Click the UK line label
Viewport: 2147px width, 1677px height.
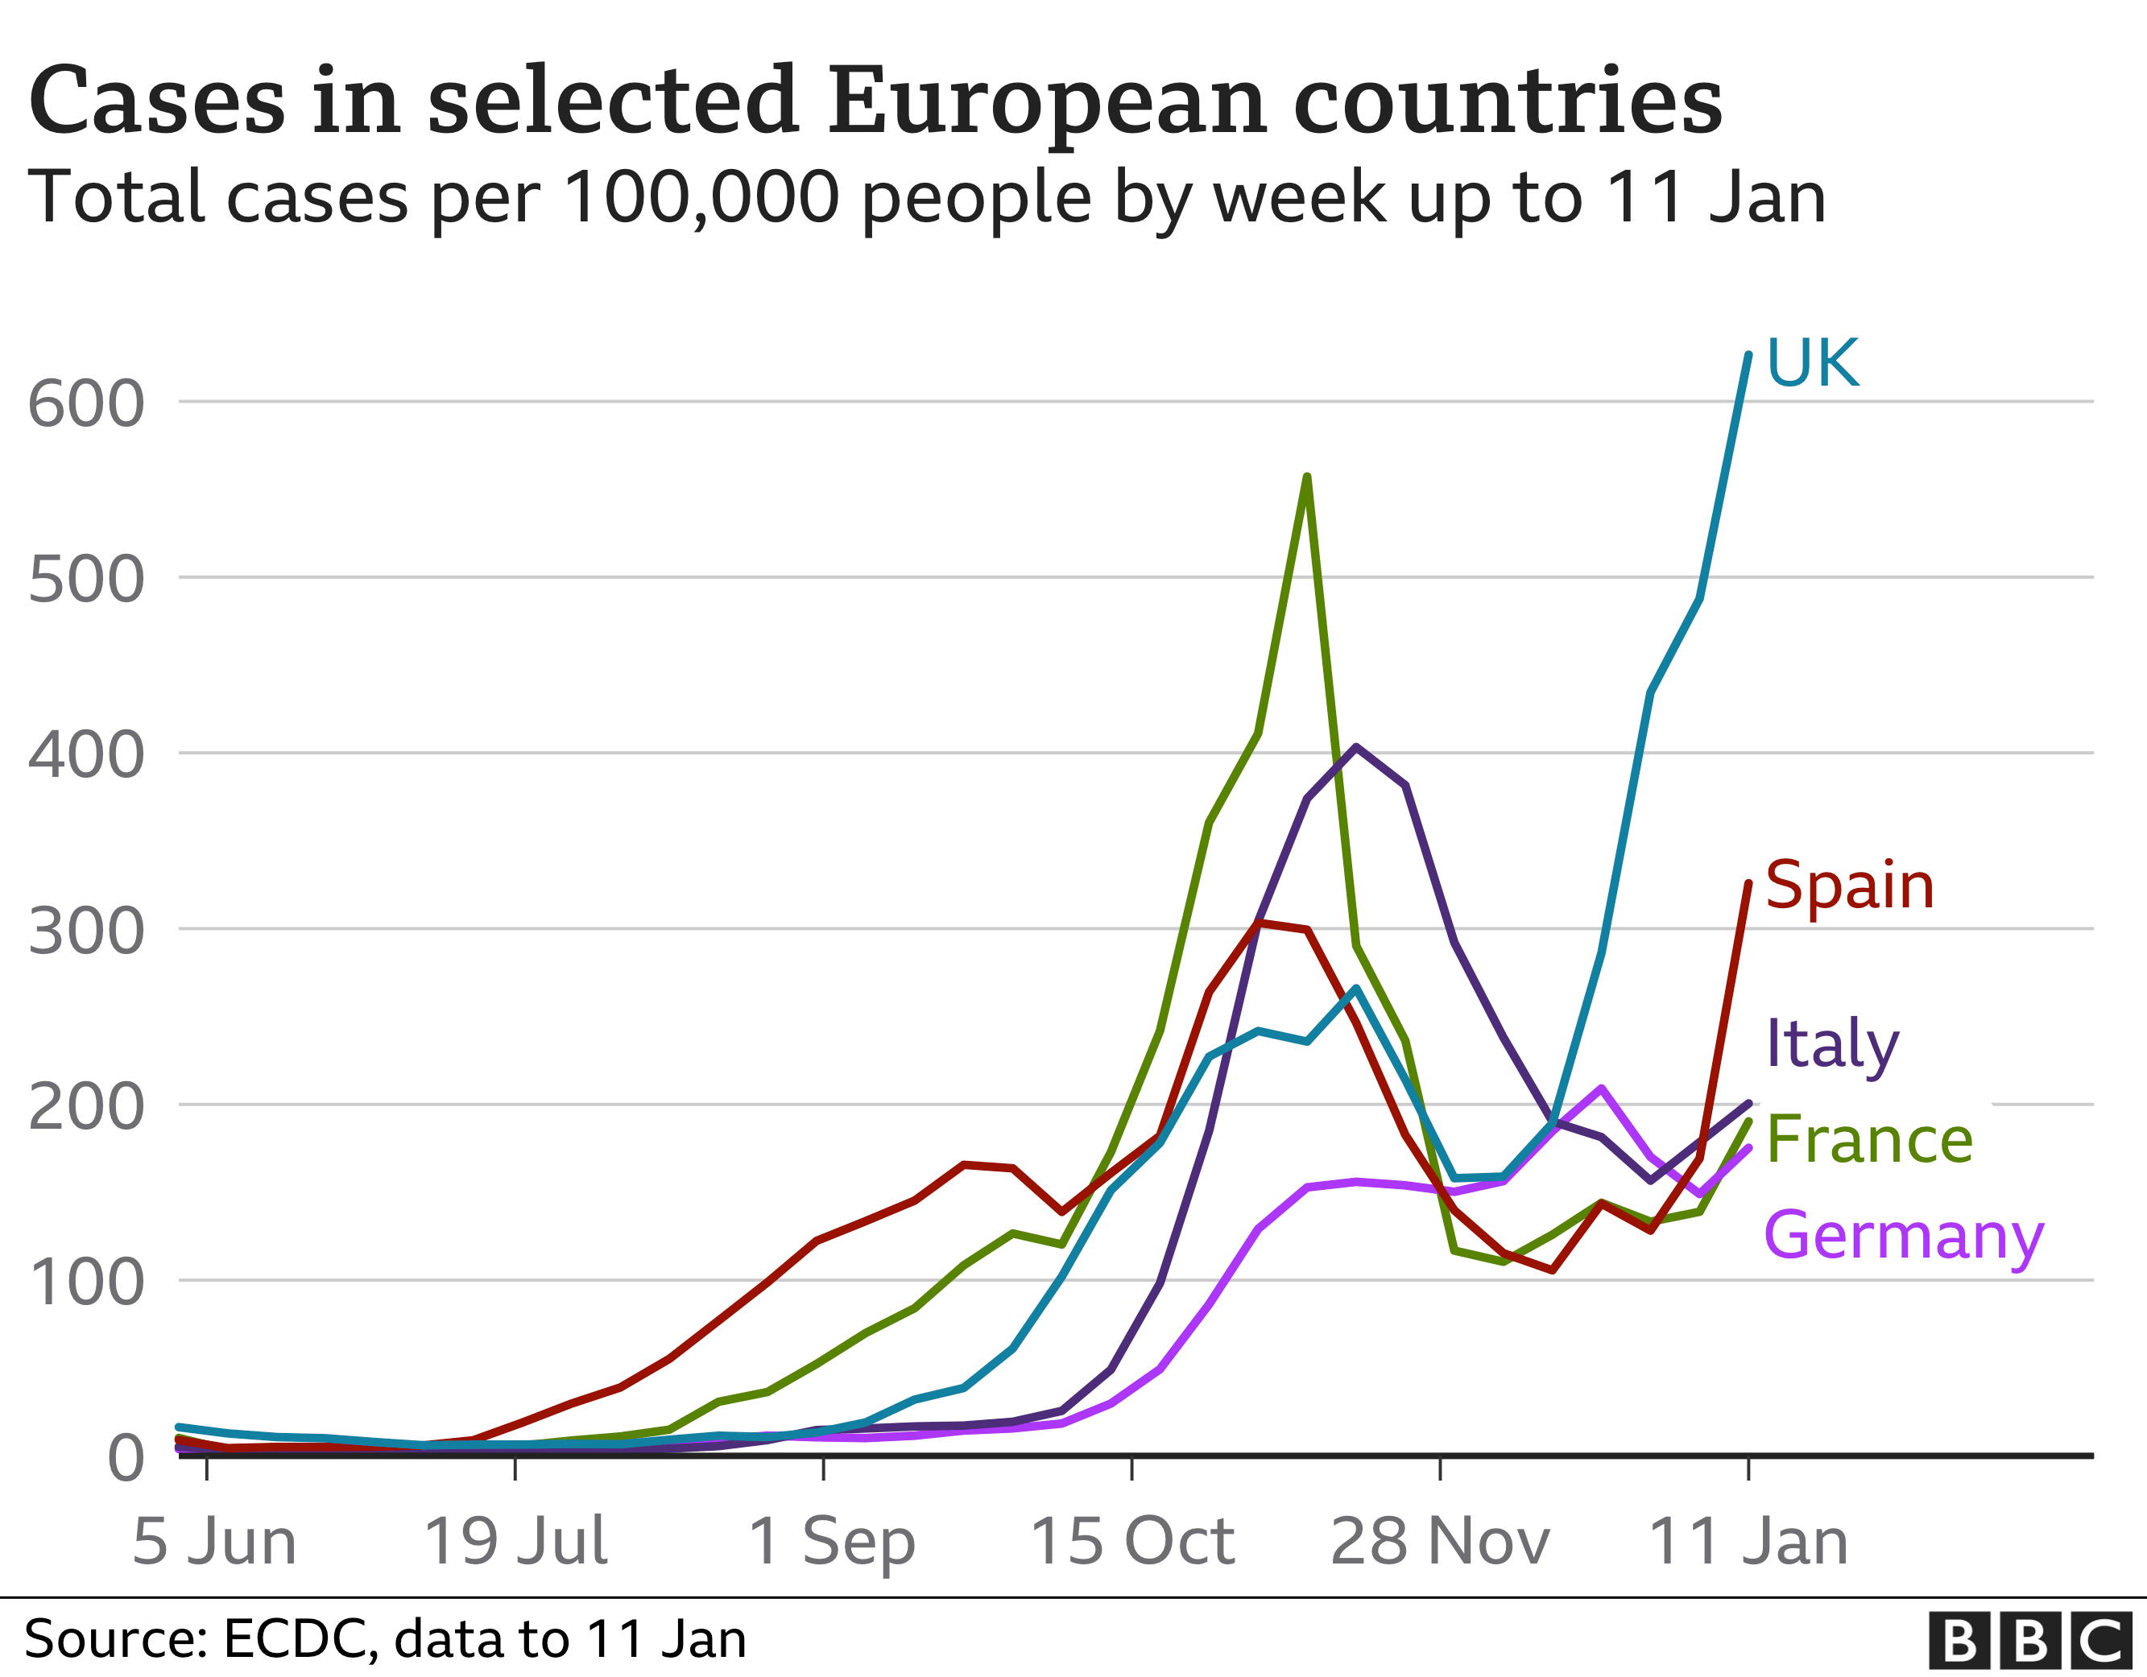(x=1812, y=363)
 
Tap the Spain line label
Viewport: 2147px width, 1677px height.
(x=1849, y=886)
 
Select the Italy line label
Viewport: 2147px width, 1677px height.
(x=1831, y=1044)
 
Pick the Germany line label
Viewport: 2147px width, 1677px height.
(x=1903, y=1236)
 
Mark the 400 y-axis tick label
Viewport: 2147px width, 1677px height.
(x=86, y=755)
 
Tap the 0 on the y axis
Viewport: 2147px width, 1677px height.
(x=126, y=1458)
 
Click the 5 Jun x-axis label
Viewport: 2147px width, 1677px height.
(x=213, y=1542)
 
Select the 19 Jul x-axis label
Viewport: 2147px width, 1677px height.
(x=515, y=1542)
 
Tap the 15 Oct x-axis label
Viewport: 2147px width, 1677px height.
(x=1131, y=1542)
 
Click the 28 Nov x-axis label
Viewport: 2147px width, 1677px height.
(x=1439, y=1542)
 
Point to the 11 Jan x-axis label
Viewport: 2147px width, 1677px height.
(x=1748, y=1542)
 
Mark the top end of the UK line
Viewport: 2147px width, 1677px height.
(x=1748, y=355)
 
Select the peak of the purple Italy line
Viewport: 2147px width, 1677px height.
(x=1357, y=747)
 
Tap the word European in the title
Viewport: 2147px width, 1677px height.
(x=1046, y=101)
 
